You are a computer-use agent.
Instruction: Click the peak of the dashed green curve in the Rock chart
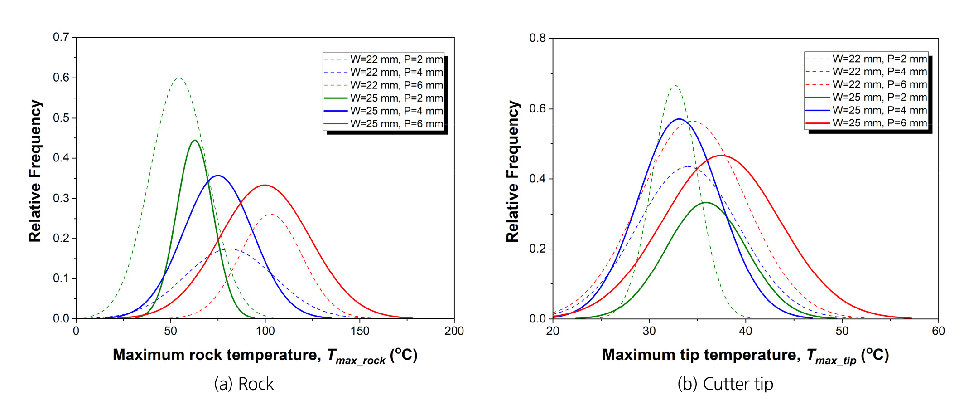point(179,78)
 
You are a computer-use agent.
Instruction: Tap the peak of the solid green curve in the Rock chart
point(195,141)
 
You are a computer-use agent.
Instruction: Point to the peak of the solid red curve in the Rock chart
point(265,185)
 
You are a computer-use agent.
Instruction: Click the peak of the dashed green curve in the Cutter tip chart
point(675,85)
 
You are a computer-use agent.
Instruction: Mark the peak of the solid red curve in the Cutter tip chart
point(721,156)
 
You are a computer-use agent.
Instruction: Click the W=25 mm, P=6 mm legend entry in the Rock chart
point(383,124)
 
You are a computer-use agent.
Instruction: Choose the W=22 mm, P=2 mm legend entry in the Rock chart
point(383,59)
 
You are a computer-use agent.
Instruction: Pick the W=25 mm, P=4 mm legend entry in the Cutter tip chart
point(866,110)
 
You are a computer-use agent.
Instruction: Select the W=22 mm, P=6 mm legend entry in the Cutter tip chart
point(866,84)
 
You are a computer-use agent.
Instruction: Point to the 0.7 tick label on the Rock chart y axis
point(61,37)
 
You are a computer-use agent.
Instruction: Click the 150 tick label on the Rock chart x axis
point(360,331)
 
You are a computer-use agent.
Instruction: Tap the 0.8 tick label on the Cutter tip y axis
point(538,38)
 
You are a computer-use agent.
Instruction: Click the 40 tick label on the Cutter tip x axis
point(746,331)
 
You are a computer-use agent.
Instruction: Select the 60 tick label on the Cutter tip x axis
point(938,331)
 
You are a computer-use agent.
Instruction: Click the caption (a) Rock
point(244,384)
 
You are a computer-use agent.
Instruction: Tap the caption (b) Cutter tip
point(725,384)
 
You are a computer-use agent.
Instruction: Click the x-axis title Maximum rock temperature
point(265,355)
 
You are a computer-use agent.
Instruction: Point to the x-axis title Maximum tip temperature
point(745,355)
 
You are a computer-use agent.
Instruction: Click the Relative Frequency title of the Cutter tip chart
point(512,171)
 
